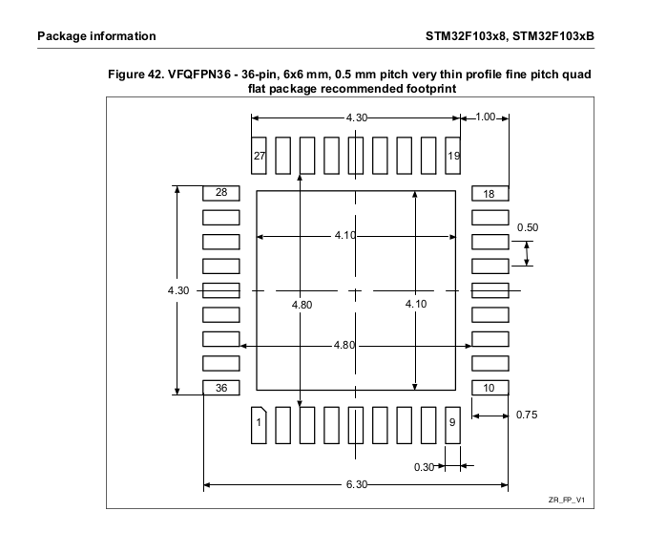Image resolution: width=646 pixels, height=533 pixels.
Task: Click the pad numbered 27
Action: click(x=259, y=155)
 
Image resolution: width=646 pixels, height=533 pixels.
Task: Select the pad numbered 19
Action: click(x=454, y=155)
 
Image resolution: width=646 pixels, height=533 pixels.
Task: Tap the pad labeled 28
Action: click(x=220, y=193)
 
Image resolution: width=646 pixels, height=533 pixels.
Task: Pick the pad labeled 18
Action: click(x=490, y=193)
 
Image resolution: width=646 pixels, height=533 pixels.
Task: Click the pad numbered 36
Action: click(x=220, y=388)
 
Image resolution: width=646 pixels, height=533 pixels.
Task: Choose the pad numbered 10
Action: click(x=490, y=388)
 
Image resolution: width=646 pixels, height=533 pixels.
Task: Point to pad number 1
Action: click(x=259, y=423)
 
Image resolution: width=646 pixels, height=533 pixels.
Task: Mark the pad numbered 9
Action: click(x=453, y=423)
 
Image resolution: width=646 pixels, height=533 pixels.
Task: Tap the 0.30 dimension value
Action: click(x=424, y=467)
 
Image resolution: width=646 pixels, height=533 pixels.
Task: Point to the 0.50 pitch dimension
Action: click(x=527, y=227)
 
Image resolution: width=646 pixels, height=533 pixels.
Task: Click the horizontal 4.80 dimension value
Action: click(x=344, y=345)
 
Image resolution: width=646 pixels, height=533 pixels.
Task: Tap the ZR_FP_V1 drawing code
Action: click(x=566, y=501)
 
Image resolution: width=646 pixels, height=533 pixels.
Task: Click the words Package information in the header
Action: click(x=96, y=36)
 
